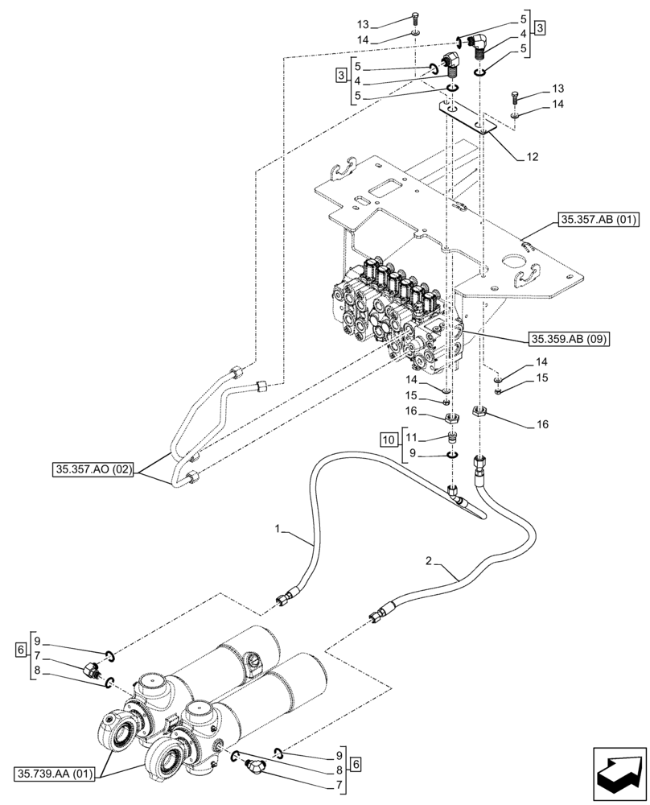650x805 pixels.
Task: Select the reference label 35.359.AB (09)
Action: point(568,338)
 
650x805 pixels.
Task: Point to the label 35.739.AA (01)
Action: point(54,774)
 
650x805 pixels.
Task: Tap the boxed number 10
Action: point(389,440)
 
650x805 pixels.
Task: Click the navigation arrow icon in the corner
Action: point(620,773)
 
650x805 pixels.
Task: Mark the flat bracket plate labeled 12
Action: point(467,118)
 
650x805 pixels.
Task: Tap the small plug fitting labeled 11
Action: point(452,438)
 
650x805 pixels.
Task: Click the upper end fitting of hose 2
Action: point(481,465)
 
